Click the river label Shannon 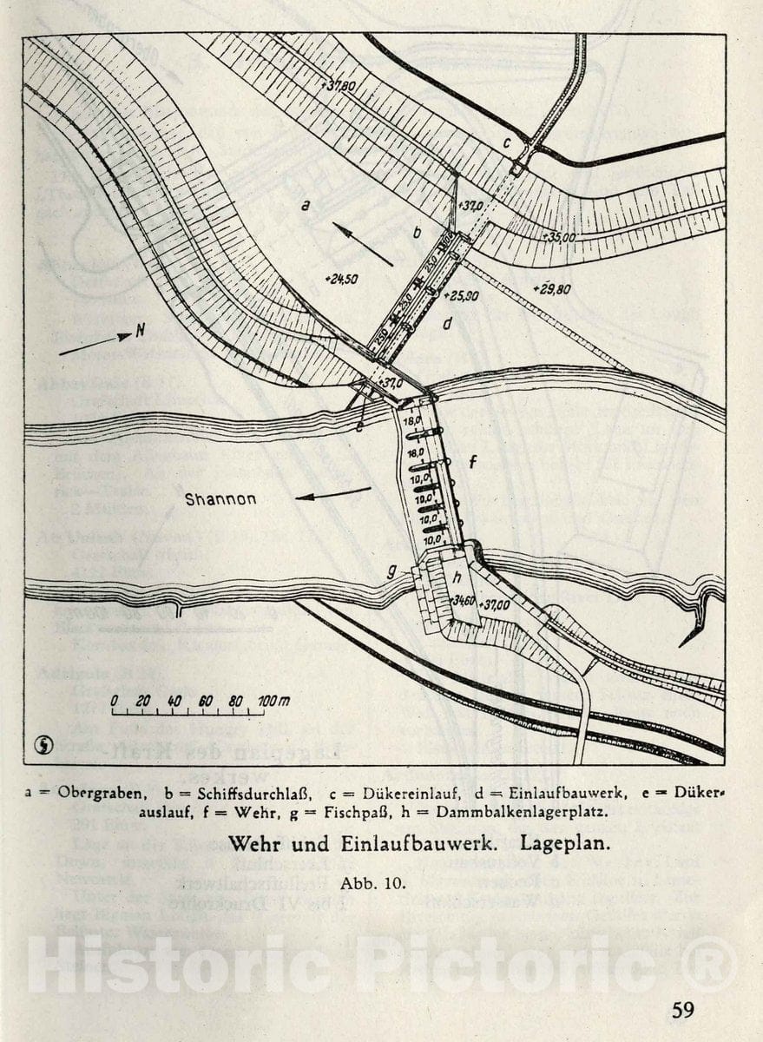pos(220,499)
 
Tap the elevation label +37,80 pos(339,85)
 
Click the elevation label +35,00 pos(559,236)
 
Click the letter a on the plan pos(305,206)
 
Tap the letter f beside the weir pos(472,462)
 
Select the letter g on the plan pos(392,571)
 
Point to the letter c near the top pos(506,142)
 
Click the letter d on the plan pos(446,324)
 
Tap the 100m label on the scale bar pos(274,701)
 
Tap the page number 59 pos(682,1009)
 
